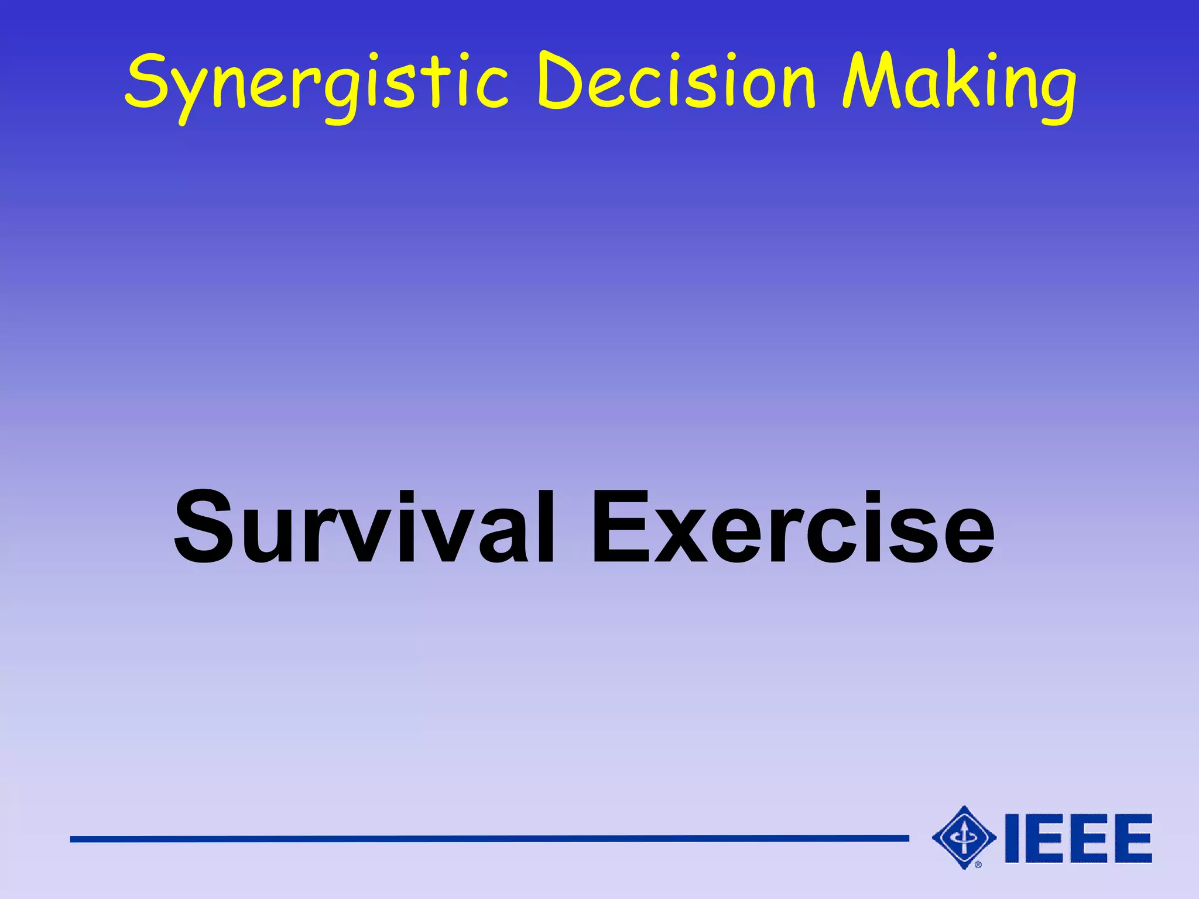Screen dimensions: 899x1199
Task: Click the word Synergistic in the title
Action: pos(316,82)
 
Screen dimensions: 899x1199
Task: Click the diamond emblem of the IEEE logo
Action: pos(964,838)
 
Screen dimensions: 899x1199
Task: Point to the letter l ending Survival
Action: pos(544,527)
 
